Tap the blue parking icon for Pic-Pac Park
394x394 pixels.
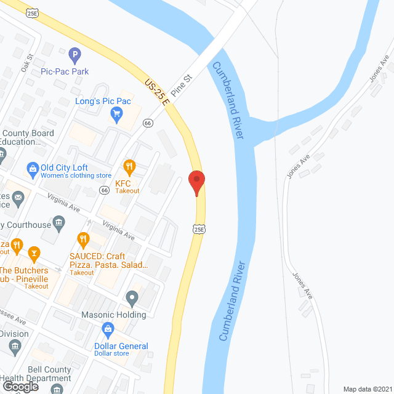(75, 57)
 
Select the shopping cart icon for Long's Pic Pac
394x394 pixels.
(116, 113)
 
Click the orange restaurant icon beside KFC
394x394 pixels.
(129, 166)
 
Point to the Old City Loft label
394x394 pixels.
(64, 167)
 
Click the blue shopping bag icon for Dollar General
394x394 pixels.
(108, 329)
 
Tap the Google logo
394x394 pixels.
(20, 386)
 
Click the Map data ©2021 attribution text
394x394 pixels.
(366, 389)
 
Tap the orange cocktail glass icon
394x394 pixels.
(34, 251)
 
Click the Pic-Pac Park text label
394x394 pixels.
(65, 71)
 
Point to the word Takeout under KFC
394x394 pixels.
(127, 191)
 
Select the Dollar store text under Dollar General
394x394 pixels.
(111, 353)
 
